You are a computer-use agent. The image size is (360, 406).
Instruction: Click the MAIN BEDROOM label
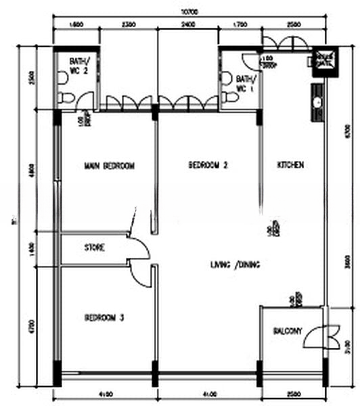click(x=109, y=166)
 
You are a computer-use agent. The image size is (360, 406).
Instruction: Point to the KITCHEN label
click(x=290, y=165)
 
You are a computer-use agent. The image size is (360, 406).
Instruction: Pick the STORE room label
click(x=94, y=248)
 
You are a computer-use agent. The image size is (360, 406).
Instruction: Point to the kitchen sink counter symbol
click(x=316, y=104)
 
